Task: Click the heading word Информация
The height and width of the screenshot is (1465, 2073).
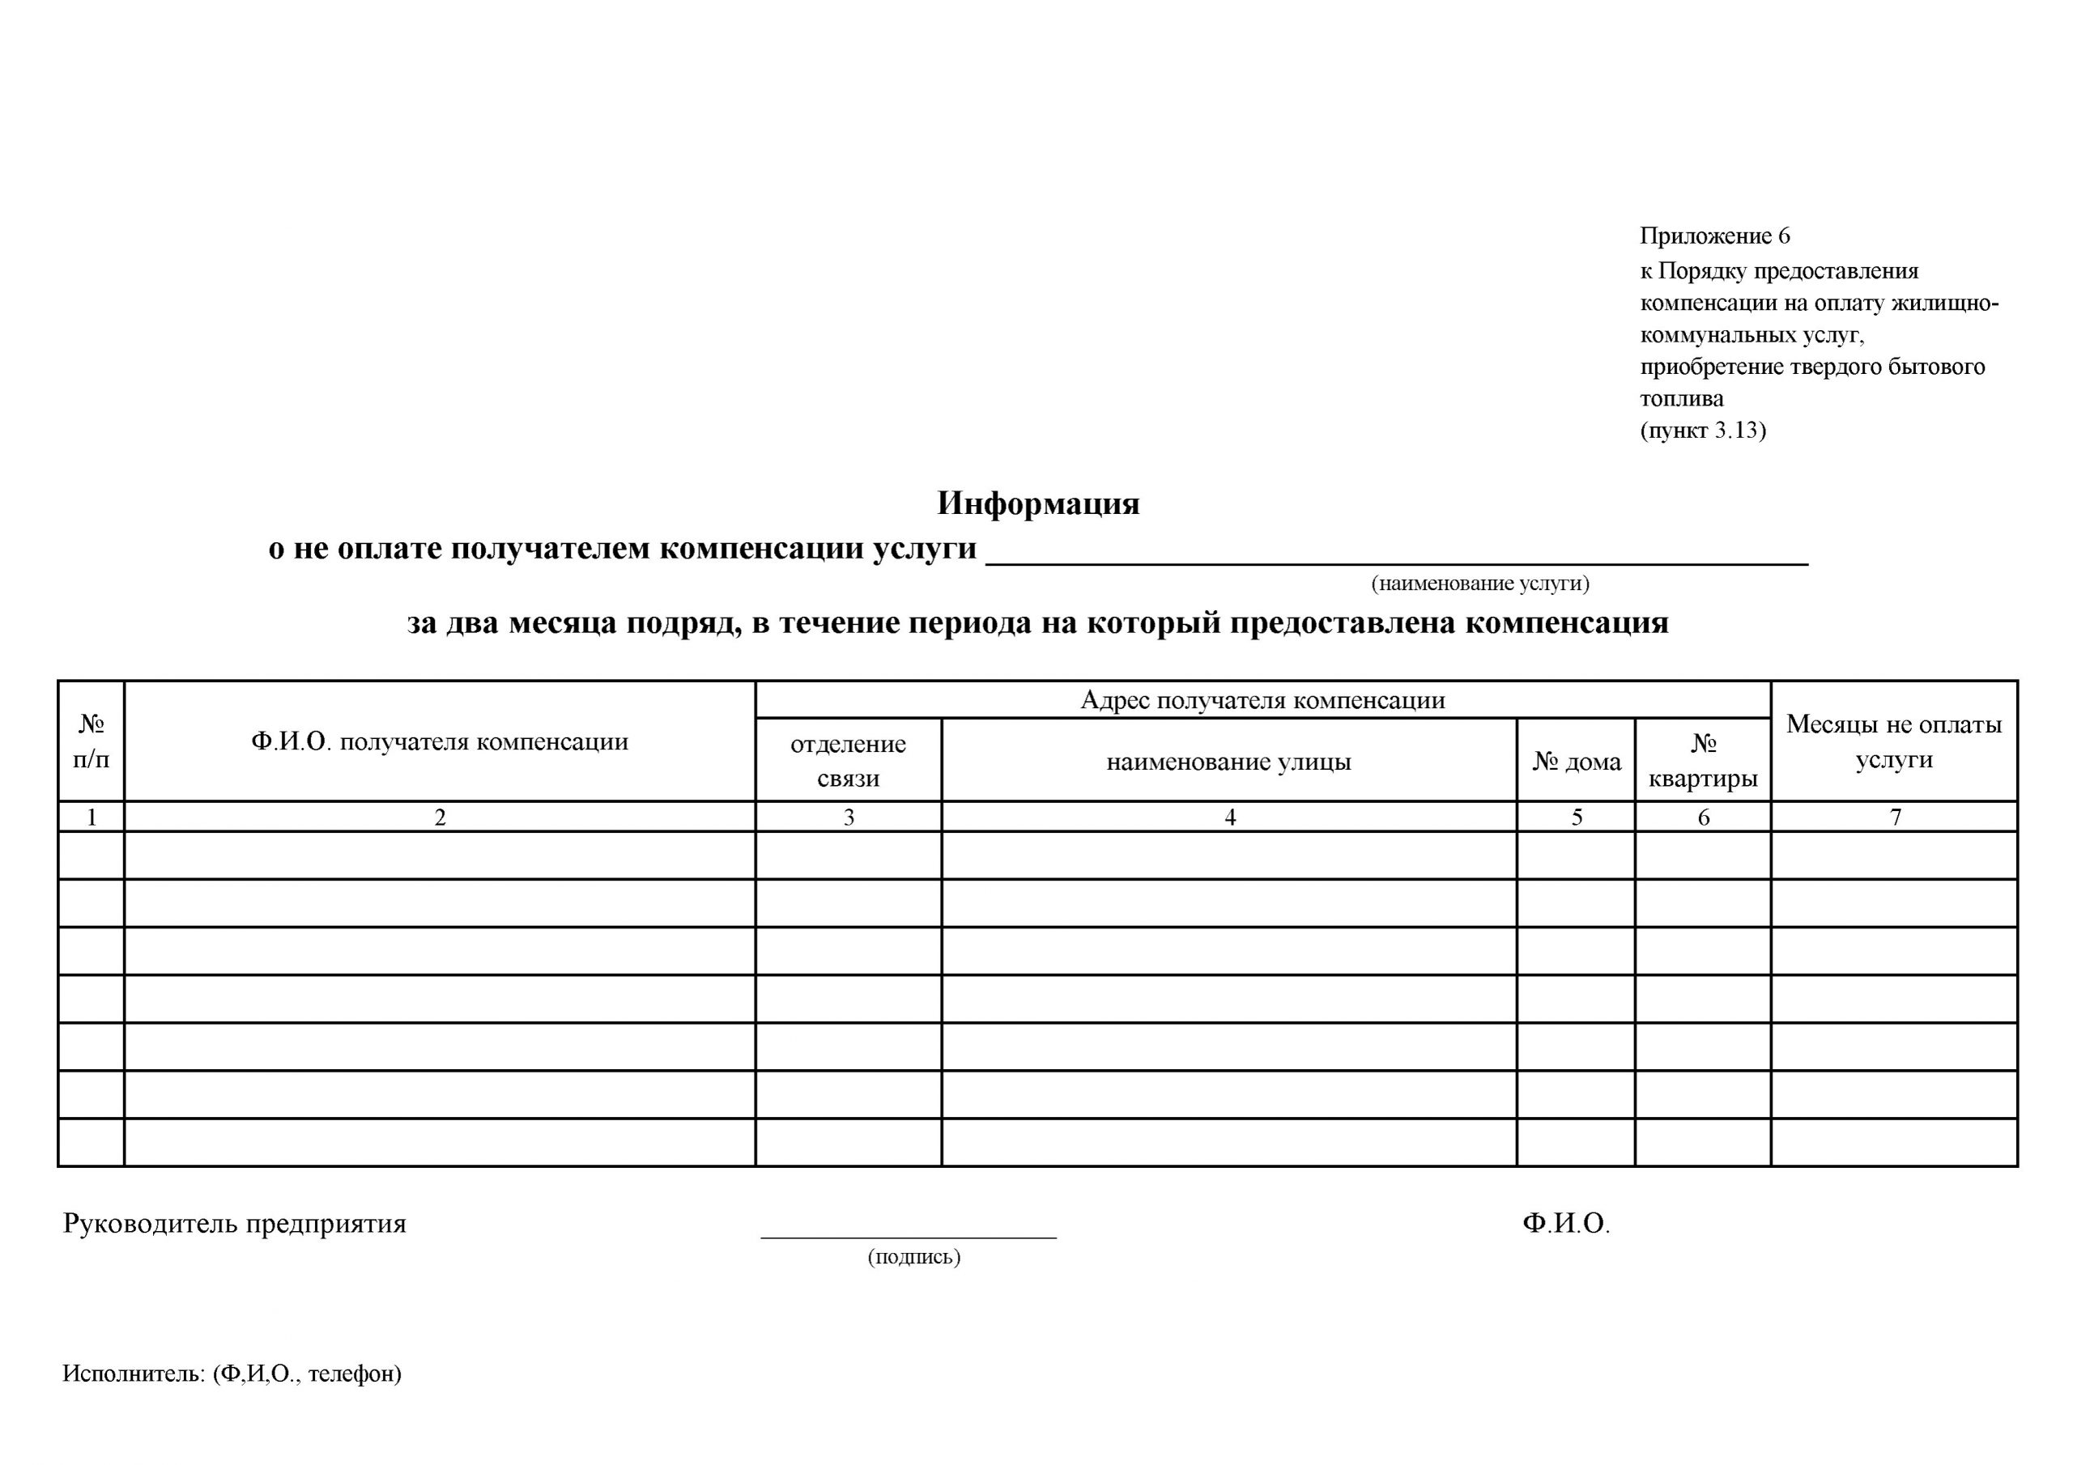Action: coord(1037,503)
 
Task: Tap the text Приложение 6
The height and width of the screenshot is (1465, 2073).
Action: coord(1714,236)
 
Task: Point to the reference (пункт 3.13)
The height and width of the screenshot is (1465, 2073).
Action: coord(1703,431)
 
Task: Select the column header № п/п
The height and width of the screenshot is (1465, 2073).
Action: coord(92,741)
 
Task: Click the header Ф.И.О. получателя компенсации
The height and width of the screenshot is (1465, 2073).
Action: coord(440,742)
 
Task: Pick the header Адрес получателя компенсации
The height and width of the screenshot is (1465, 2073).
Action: coord(1262,700)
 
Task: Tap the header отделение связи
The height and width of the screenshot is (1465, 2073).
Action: coord(848,761)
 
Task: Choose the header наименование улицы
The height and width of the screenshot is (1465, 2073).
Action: coord(1228,762)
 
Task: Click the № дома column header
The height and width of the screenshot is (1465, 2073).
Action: coord(1577,762)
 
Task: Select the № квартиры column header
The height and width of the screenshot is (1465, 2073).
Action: coord(1703,761)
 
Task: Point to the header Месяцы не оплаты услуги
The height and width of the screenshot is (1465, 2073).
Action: coord(1894,741)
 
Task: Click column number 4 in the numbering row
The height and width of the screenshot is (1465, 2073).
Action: coord(1230,817)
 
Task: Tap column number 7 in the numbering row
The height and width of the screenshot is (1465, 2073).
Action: coord(1895,817)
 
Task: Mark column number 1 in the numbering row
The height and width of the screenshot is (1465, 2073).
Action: coord(92,817)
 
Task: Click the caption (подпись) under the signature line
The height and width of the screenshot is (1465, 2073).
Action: coord(913,1256)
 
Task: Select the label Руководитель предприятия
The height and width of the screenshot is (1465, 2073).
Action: coord(235,1224)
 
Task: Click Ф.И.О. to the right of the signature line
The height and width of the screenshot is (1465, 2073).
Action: coord(1565,1224)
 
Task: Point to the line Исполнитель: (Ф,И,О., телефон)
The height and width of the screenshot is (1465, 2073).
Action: coord(232,1374)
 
